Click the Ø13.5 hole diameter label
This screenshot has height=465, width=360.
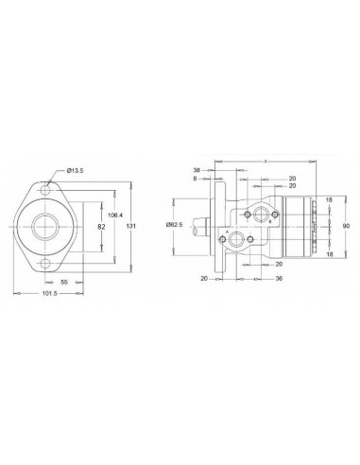[x=76, y=170]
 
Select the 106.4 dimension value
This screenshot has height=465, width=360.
[x=113, y=215]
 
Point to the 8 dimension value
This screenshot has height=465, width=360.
[x=195, y=177]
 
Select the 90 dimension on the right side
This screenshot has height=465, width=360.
[x=347, y=226]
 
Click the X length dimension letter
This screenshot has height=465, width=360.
[x=266, y=162]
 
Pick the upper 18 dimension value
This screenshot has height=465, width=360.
[x=328, y=201]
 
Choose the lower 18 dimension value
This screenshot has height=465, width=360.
[x=328, y=253]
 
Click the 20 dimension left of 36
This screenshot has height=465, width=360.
[x=203, y=279]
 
